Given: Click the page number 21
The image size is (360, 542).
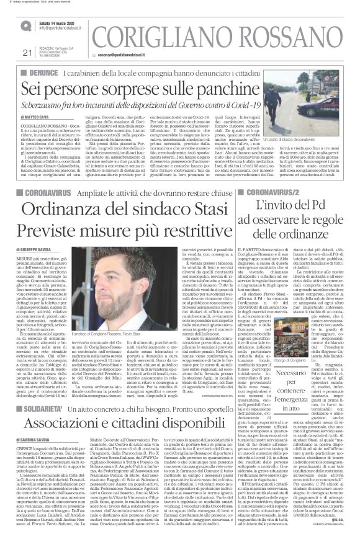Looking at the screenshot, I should (x=26, y=52).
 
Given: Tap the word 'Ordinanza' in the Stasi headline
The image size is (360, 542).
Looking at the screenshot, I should (x=74, y=192).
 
